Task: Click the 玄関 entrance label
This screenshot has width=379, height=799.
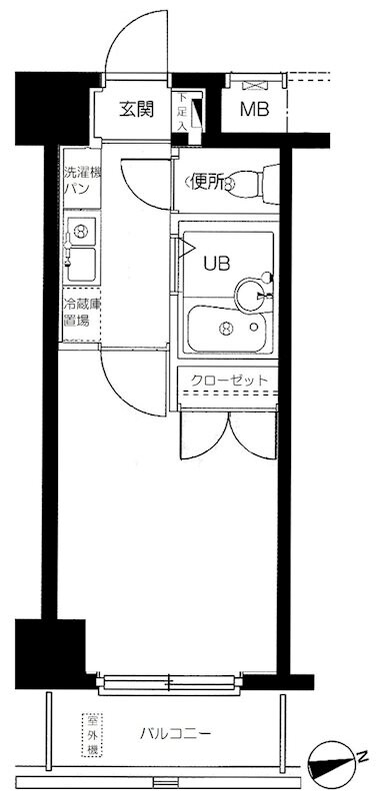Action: click(136, 108)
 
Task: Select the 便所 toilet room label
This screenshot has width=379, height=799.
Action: click(207, 182)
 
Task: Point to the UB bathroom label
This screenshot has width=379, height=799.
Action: click(217, 264)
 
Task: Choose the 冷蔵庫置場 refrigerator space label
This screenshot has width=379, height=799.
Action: click(77, 313)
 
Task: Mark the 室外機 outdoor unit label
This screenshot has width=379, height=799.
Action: click(90, 736)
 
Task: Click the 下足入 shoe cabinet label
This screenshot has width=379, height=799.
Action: click(182, 109)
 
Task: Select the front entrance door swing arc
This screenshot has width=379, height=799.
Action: click(130, 45)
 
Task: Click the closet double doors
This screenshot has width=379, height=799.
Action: click(227, 436)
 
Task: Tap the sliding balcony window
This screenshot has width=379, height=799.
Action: click(170, 683)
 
